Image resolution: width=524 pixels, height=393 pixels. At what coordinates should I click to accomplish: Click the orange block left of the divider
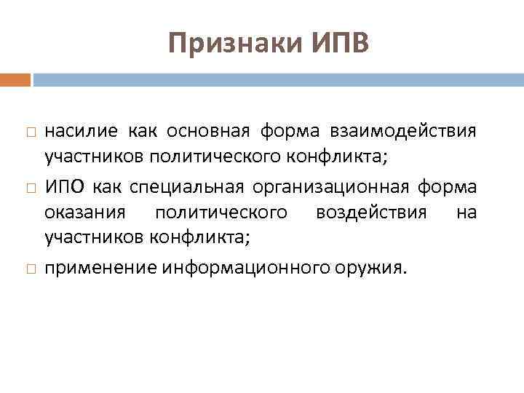pyautogui.click(x=15, y=79)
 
